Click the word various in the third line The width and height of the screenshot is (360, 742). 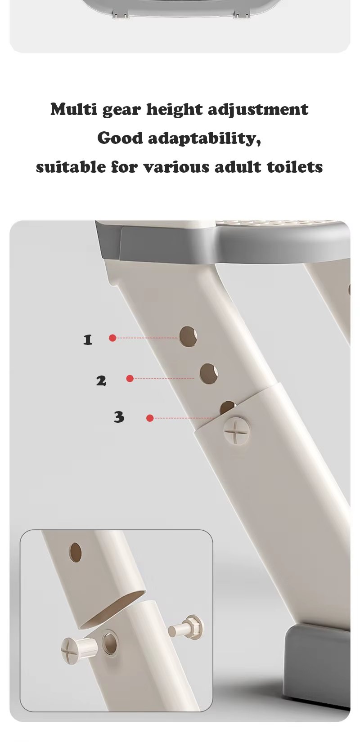coord(176,167)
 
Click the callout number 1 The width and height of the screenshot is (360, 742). coord(87,340)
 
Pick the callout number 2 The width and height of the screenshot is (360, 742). coord(101,380)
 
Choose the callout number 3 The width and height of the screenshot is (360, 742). coord(119,417)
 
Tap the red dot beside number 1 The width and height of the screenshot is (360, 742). coord(112,338)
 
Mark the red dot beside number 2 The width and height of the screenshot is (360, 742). coord(130,378)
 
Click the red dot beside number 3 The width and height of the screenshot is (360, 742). coord(150,418)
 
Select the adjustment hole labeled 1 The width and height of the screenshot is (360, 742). coord(188,336)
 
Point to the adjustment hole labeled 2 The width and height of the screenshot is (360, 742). coord(209,374)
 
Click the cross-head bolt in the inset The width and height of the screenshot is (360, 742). coord(79,648)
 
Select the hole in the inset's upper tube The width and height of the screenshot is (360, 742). coord(75,553)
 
